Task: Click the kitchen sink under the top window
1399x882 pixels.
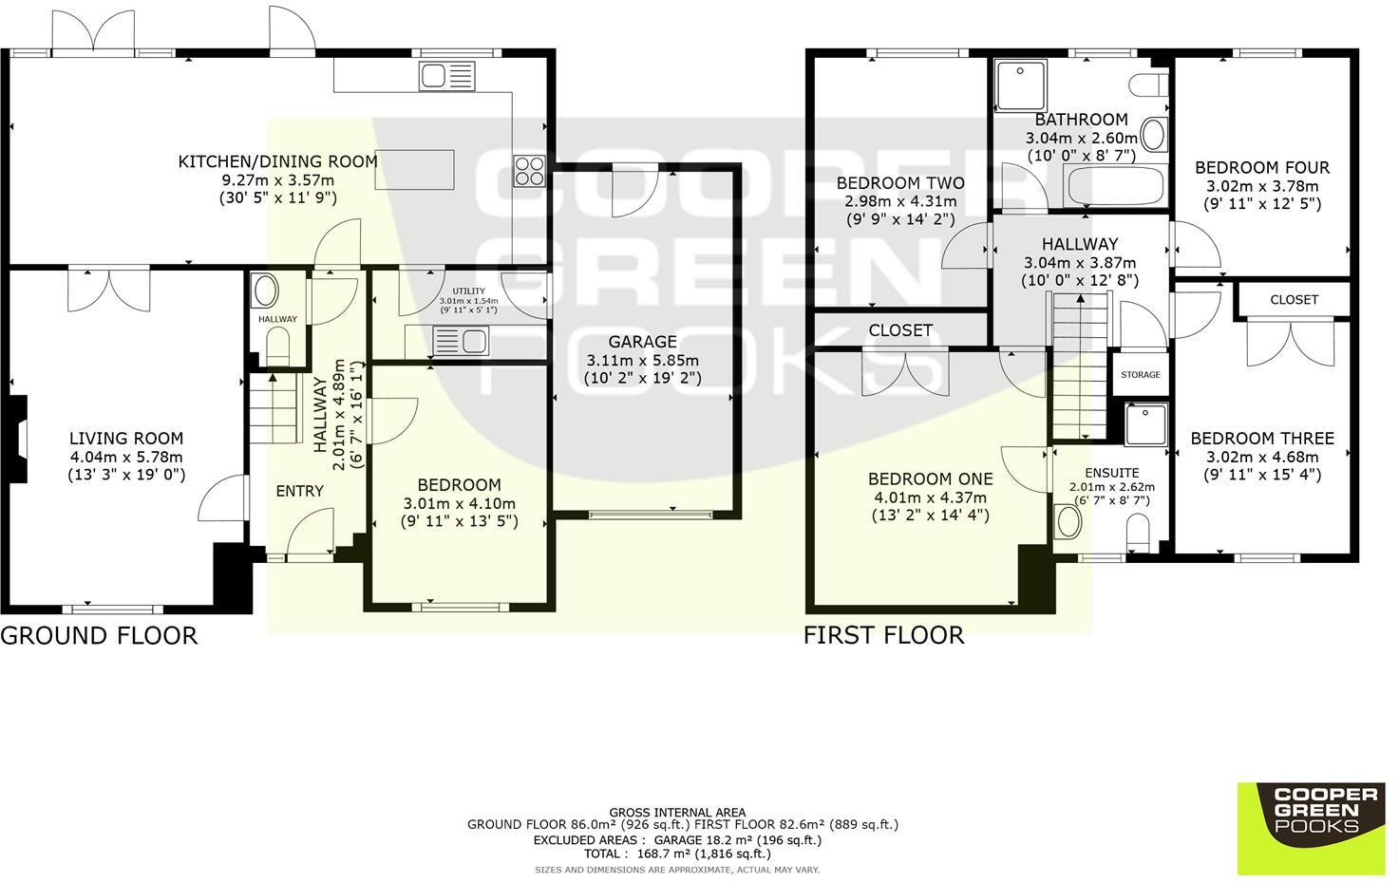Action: (447, 76)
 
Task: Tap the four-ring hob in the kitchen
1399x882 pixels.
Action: (529, 171)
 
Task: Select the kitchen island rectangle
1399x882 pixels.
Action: (414, 169)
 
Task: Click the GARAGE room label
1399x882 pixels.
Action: (642, 342)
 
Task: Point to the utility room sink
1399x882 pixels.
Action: (461, 341)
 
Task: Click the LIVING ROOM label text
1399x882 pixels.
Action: (126, 439)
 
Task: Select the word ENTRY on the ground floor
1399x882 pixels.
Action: (300, 491)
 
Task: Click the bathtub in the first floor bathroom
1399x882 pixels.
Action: (1115, 185)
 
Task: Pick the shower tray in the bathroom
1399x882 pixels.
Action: (1021, 84)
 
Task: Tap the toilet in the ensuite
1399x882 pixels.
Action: (1138, 533)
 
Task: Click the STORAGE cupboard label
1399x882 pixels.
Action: (1141, 374)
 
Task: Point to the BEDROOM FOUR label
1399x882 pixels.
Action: (1261, 167)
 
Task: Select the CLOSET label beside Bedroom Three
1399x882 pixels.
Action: (1295, 300)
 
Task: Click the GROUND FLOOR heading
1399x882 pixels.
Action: (99, 635)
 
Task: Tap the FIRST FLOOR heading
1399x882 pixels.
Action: (883, 635)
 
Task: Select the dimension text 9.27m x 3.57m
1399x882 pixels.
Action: (278, 180)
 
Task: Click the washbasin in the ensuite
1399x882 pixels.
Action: (1068, 522)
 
